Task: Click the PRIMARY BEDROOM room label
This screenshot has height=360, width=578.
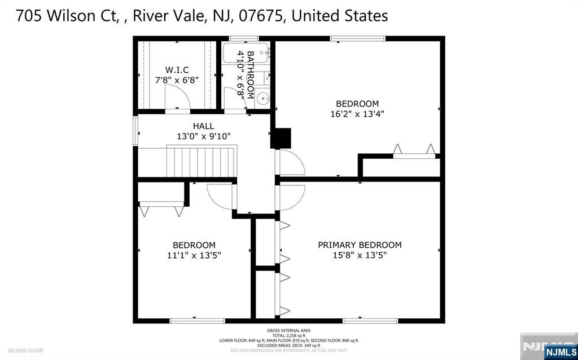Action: pyautogui.click(x=360, y=245)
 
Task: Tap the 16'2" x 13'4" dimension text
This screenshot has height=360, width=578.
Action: pyautogui.click(x=357, y=114)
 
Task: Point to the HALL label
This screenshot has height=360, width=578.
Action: pyautogui.click(x=203, y=126)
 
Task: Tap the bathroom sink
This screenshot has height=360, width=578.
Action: pyautogui.click(x=264, y=99)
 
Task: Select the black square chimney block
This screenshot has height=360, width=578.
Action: pyautogui.click(x=281, y=138)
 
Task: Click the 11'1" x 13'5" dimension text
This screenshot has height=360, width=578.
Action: pyautogui.click(x=194, y=255)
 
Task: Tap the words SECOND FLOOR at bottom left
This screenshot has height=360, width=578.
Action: pyautogui.click(x=25, y=350)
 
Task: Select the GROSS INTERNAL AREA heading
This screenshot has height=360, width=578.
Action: pyautogui.click(x=288, y=331)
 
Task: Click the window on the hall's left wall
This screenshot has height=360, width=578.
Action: pyautogui.click(x=135, y=131)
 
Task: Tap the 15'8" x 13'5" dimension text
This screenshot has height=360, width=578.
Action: pyautogui.click(x=360, y=255)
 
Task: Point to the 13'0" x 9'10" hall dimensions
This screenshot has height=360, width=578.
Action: pyautogui.click(x=203, y=136)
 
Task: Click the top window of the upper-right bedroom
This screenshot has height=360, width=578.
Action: pyautogui.click(x=358, y=39)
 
